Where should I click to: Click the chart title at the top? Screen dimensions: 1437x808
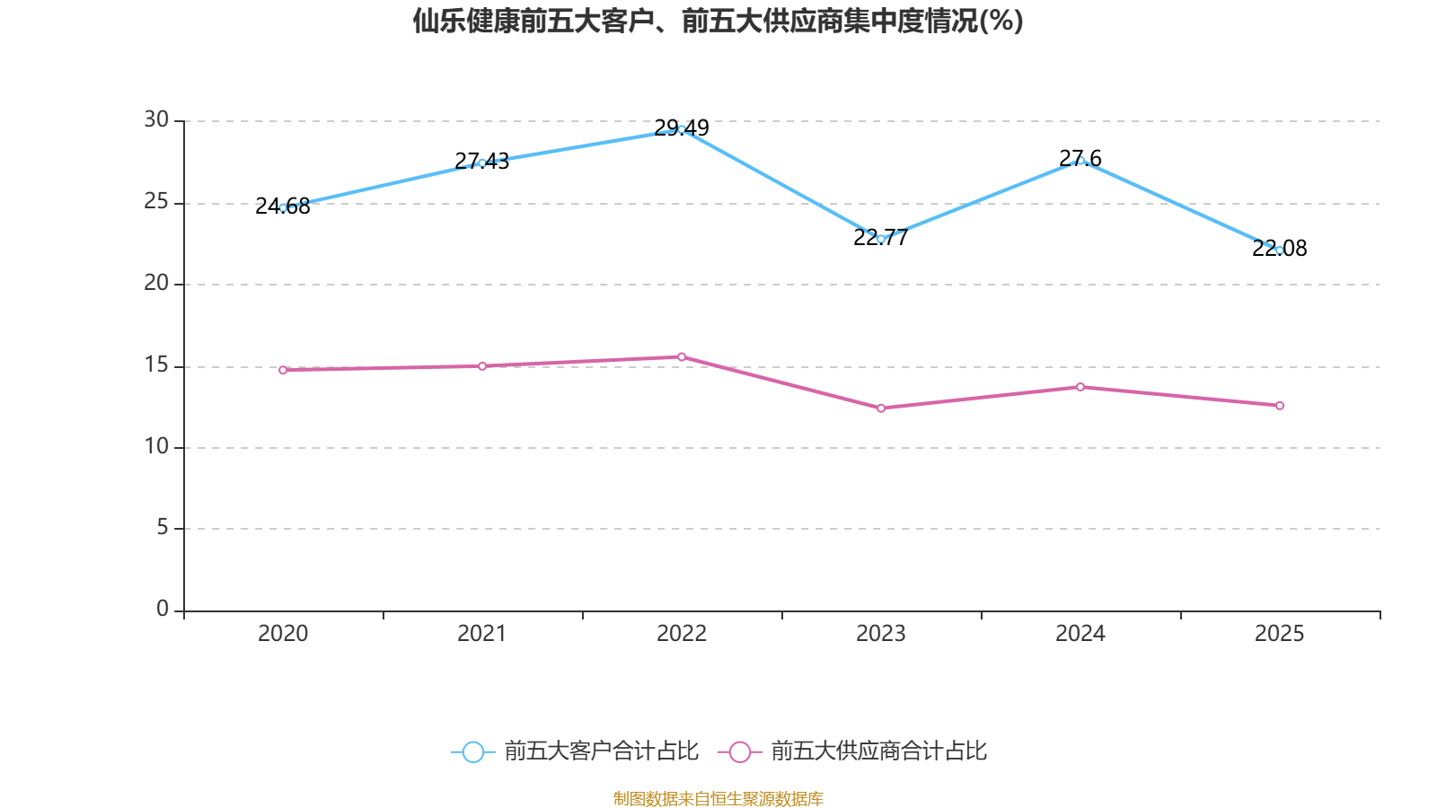coord(718,22)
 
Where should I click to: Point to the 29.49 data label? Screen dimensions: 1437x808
coord(682,127)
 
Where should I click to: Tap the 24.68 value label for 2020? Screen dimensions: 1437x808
coord(282,206)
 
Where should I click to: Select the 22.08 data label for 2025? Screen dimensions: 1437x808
coord(1279,248)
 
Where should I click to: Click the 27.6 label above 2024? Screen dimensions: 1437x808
coord(1080,158)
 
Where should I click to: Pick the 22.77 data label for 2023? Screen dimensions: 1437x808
coord(881,237)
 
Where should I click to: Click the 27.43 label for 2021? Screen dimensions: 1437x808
coord(481,161)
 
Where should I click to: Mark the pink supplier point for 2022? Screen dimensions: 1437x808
coord(682,356)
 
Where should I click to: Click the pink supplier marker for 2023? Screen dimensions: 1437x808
coord(881,408)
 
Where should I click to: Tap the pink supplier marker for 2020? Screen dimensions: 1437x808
coord(283,370)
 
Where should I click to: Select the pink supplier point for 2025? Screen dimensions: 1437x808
coord(1280,405)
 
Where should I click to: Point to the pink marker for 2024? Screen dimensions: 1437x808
coord(1080,387)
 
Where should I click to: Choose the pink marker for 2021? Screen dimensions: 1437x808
coord(482,366)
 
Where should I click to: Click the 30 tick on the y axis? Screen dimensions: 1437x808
coord(156,119)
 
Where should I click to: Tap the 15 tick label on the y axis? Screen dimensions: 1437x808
coord(156,364)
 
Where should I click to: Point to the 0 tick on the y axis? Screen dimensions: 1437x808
coord(163,609)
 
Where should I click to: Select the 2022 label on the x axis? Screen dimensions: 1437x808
coord(682,634)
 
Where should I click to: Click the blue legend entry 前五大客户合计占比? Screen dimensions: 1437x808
coord(575,751)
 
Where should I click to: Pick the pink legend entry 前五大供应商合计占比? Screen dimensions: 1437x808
coord(852,751)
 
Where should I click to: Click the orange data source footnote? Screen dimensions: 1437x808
coord(718,798)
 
